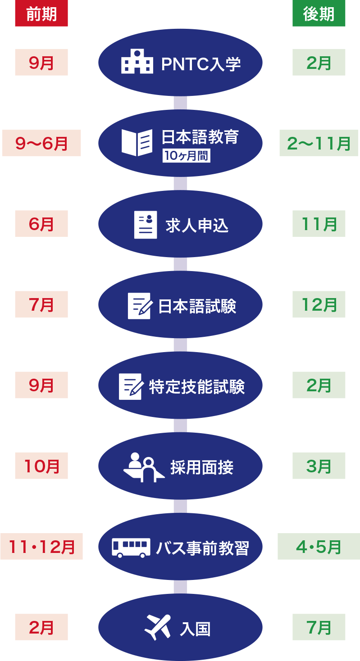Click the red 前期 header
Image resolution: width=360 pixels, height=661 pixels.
[x=41, y=14]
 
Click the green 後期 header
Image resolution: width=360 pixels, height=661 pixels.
[x=319, y=14]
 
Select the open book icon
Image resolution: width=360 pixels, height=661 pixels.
[x=137, y=142]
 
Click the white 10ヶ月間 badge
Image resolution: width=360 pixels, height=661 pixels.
[x=187, y=156]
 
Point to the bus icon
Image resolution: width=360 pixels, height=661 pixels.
[x=131, y=547]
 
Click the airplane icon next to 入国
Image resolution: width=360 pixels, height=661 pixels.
[x=157, y=627]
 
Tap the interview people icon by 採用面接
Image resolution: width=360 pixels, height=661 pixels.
[x=144, y=467]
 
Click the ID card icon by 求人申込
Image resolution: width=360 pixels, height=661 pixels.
[x=146, y=224]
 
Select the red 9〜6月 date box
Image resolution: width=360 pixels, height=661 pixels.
[x=41, y=143]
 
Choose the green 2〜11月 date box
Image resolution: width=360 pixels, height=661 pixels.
[x=319, y=143]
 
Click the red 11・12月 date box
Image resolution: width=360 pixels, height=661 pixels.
[x=41, y=547]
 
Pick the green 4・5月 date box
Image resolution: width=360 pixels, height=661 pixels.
[x=319, y=547]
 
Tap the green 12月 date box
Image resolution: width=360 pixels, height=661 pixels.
[x=319, y=304]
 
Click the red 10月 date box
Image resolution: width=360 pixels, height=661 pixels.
[x=41, y=466]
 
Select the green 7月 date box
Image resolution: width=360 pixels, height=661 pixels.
[x=319, y=627]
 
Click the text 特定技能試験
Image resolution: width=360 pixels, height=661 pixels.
[x=197, y=386]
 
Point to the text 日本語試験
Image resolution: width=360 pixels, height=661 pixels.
[x=197, y=306]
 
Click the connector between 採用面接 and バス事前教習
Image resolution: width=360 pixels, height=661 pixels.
[x=180, y=506]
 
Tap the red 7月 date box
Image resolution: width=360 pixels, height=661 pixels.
[x=41, y=304]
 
